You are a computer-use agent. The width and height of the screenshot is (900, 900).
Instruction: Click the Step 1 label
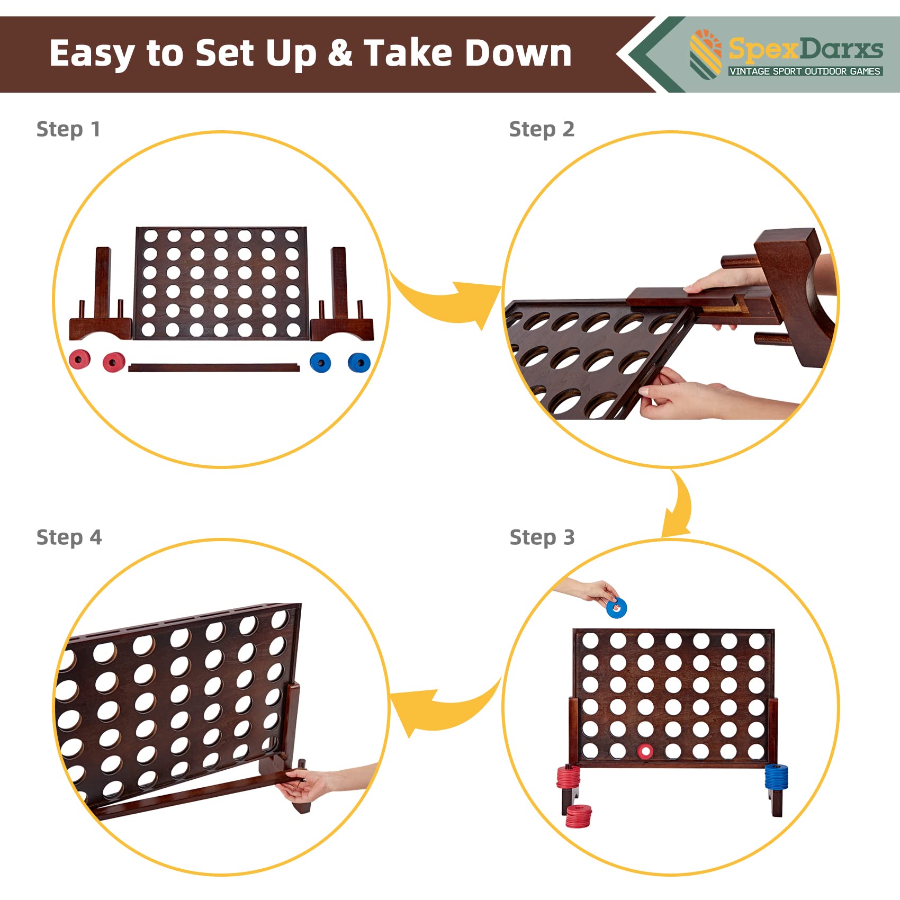(x=68, y=129)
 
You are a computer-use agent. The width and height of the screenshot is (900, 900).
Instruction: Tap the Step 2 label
(x=542, y=129)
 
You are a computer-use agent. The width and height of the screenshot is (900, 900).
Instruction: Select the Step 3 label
(x=542, y=537)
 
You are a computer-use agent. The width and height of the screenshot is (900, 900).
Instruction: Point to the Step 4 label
(x=69, y=537)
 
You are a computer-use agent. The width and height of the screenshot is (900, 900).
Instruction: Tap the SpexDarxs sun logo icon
(x=706, y=52)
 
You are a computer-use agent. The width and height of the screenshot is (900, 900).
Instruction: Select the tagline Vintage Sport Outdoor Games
(x=805, y=71)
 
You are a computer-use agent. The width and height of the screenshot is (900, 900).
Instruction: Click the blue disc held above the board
(x=616, y=608)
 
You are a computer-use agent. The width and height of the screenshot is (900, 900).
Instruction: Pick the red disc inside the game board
(x=645, y=750)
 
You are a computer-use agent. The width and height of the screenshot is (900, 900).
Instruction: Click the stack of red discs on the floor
(x=578, y=816)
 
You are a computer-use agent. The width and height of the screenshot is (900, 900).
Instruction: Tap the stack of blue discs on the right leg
(x=776, y=776)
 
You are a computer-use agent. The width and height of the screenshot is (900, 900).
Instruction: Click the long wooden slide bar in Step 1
(x=214, y=367)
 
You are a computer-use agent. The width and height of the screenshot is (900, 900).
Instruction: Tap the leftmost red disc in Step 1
(x=79, y=360)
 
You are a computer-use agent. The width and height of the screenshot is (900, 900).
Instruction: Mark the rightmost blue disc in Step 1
(x=359, y=363)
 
